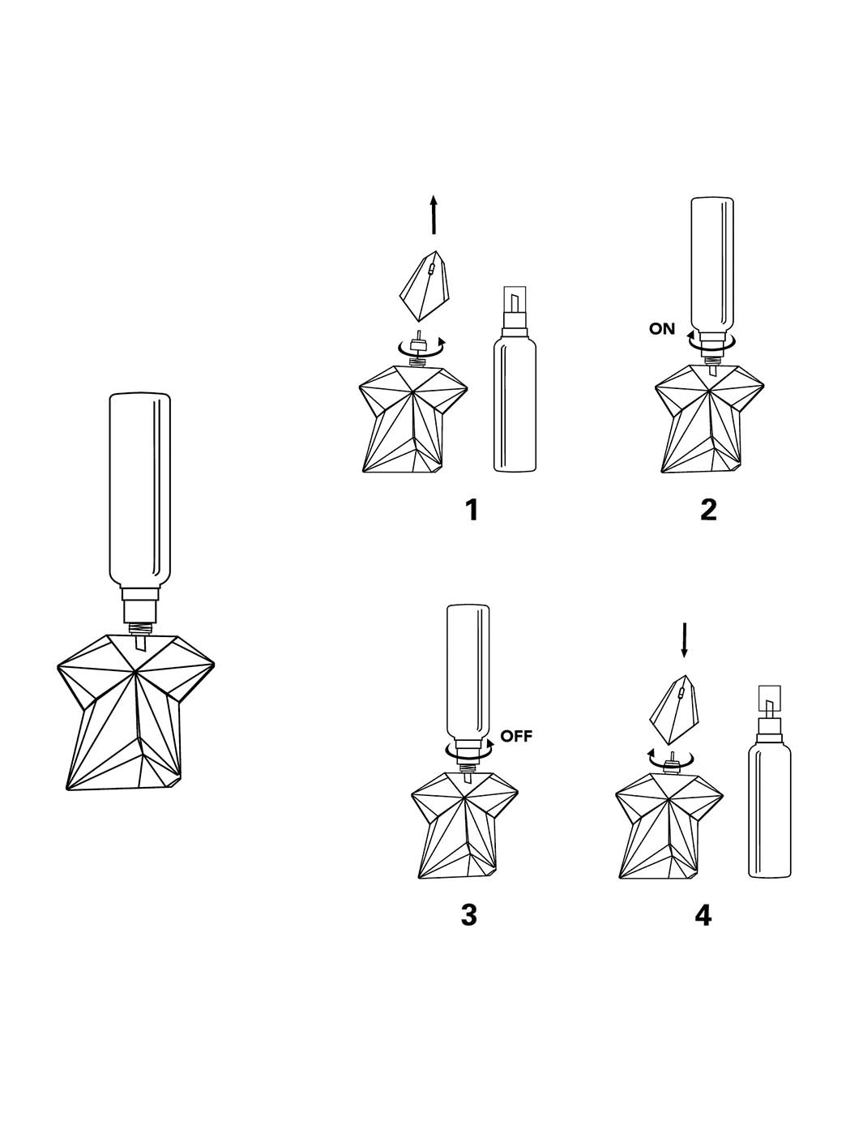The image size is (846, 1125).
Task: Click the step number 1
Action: pyautogui.click(x=471, y=510)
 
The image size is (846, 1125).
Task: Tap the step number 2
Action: pyautogui.click(x=708, y=510)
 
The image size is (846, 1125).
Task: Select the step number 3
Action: pyautogui.click(x=469, y=915)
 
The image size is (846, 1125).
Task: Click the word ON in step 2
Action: pyautogui.click(x=662, y=328)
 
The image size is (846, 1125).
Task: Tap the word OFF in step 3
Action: pyautogui.click(x=516, y=737)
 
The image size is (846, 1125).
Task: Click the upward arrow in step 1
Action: pyautogui.click(x=434, y=215)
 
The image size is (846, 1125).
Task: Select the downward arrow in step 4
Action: pyautogui.click(x=684, y=640)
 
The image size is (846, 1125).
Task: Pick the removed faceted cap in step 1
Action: pyautogui.click(x=425, y=286)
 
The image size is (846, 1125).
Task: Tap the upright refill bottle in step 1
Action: pyautogui.click(x=515, y=379)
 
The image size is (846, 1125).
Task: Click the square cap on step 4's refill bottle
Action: pyautogui.click(x=769, y=698)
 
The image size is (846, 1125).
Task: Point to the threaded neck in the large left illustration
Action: pyautogui.click(x=140, y=628)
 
